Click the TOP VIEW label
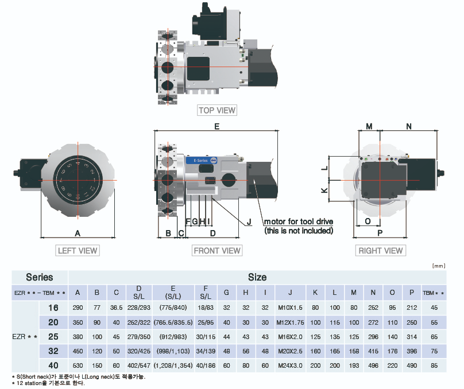click(x=216, y=110)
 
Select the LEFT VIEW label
click(x=78, y=250)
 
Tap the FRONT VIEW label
click(x=217, y=250)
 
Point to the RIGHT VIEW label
click(x=381, y=250)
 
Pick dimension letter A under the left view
click(x=78, y=233)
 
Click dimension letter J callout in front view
click(x=249, y=221)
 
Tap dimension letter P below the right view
click(x=380, y=233)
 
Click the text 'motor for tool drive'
click(x=298, y=221)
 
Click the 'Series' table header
click(x=40, y=277)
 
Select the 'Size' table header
click(x=257, y=277)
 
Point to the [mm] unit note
click(x=438, y=266)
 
